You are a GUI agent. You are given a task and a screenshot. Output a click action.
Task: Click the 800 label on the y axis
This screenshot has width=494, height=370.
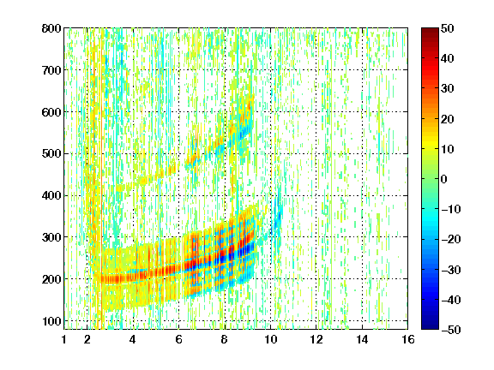[51, 28]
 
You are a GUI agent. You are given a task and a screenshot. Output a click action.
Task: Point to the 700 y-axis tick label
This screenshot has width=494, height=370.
[51, 70]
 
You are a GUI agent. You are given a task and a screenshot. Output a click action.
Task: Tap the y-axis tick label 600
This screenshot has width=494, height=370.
[51, 112]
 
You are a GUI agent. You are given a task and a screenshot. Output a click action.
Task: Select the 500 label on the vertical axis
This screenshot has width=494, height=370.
[51, 154]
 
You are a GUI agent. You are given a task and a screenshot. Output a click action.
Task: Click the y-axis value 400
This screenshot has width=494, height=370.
[51, 195]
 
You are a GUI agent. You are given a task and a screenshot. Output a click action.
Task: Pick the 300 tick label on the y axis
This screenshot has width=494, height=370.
[51, 237]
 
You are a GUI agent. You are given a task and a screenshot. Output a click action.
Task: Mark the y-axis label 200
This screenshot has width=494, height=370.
[51, 279]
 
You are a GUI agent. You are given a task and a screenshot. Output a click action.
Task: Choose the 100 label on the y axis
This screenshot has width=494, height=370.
[51, 321]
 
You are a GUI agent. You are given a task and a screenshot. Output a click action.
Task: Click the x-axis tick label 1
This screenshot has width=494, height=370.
[64, 339]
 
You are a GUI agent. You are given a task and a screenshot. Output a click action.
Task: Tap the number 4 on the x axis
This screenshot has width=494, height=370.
[133, 339]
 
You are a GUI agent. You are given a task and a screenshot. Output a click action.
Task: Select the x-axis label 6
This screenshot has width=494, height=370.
[178, 339]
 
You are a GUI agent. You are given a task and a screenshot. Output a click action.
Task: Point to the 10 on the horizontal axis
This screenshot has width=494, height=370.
[270, 339]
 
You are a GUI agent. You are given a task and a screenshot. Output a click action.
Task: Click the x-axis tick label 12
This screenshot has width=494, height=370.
[316, 339]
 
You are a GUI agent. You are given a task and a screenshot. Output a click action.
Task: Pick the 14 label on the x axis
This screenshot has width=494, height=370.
[362, 339]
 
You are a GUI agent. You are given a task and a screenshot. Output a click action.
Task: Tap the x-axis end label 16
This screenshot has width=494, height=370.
[408, 339]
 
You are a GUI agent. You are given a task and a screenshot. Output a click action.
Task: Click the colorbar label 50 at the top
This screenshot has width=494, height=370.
[447, 28]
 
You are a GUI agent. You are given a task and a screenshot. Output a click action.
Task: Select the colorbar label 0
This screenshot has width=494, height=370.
[444, 179]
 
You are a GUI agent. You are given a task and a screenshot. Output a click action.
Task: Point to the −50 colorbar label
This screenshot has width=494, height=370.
[451, 330]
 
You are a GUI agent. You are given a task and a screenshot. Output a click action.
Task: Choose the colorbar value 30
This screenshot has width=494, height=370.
[447, 89]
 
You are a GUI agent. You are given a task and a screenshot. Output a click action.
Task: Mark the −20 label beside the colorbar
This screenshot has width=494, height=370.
[451, 239]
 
